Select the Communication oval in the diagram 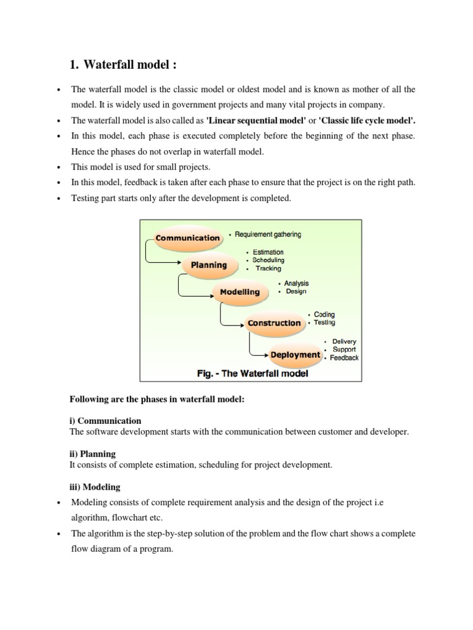[187, 238]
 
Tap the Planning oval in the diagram [208, 265]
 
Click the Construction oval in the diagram [273, 322]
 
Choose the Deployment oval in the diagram [295, 354]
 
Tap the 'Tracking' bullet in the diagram [269, 268]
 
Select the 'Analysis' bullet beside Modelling [296, 283]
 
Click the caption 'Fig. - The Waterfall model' [253, 373]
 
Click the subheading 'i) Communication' [106, 421]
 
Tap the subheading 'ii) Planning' [94, 453]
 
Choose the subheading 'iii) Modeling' [95, 487]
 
